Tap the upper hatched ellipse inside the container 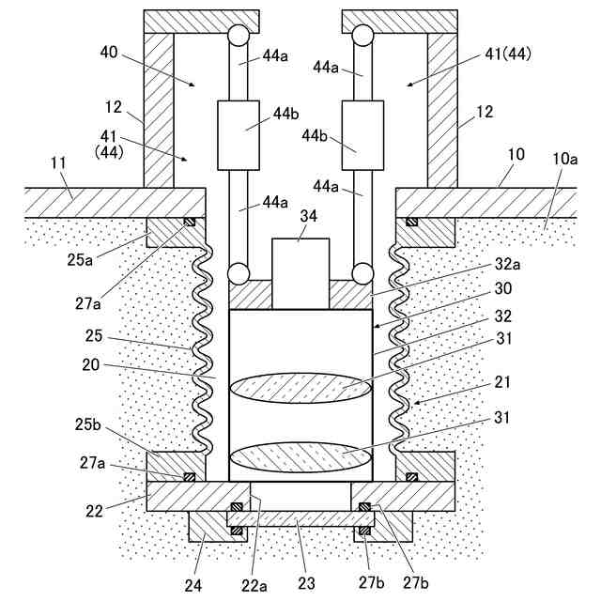(x=300, y=388)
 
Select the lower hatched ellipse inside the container (x=300, y=457)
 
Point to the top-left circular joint (x=237, y=36)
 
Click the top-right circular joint (x=362, y=36)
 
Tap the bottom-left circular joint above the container (x=238, y=274)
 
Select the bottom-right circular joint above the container (x=362, y=274)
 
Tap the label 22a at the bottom (x=255, y=585)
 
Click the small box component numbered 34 (x=300, y=272)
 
